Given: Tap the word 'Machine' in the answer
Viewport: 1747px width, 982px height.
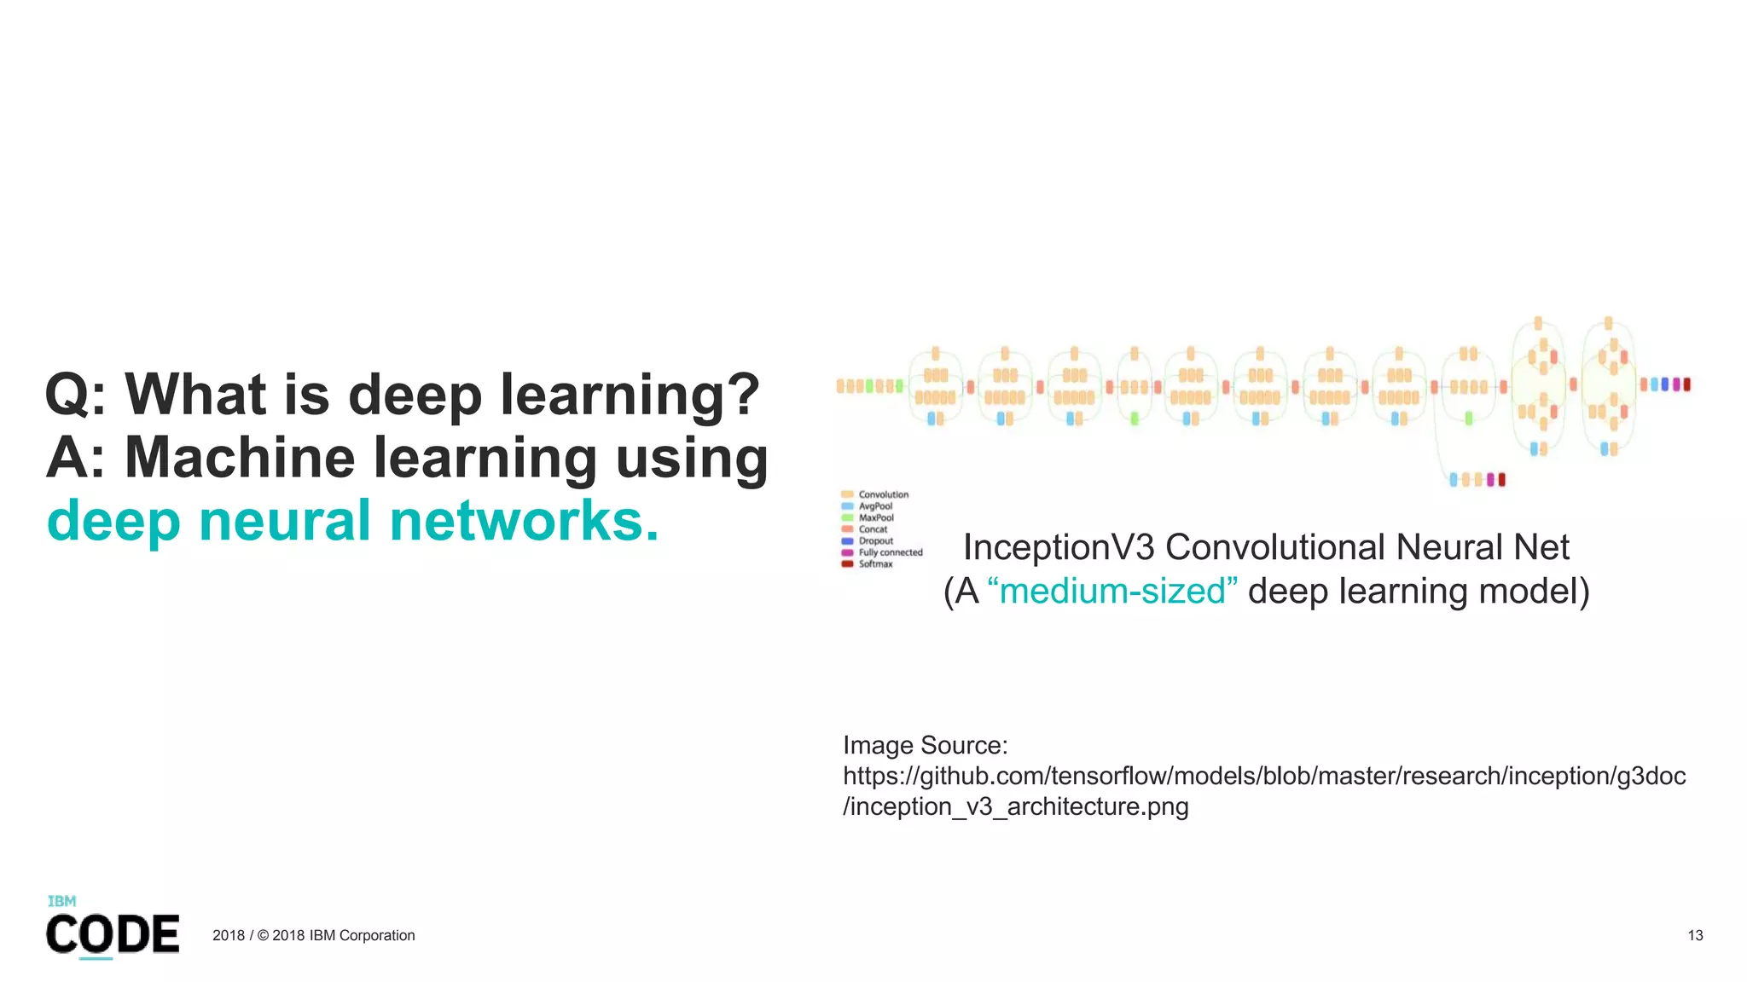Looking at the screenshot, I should pos(240,458).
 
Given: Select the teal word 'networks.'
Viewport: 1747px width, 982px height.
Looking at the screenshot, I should pos(524,521).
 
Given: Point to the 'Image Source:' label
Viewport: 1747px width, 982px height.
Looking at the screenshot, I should pos(925,745).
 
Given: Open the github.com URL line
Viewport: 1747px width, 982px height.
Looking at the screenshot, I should pos(1264,776).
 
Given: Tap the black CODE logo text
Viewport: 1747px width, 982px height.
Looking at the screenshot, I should pos(113,934).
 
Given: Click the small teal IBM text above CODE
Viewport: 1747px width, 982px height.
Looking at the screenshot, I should pos(61,901).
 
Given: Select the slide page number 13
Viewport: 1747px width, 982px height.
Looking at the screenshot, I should pos(1695,935).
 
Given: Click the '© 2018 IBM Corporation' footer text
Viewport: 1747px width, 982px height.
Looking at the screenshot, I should pos(336,935).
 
